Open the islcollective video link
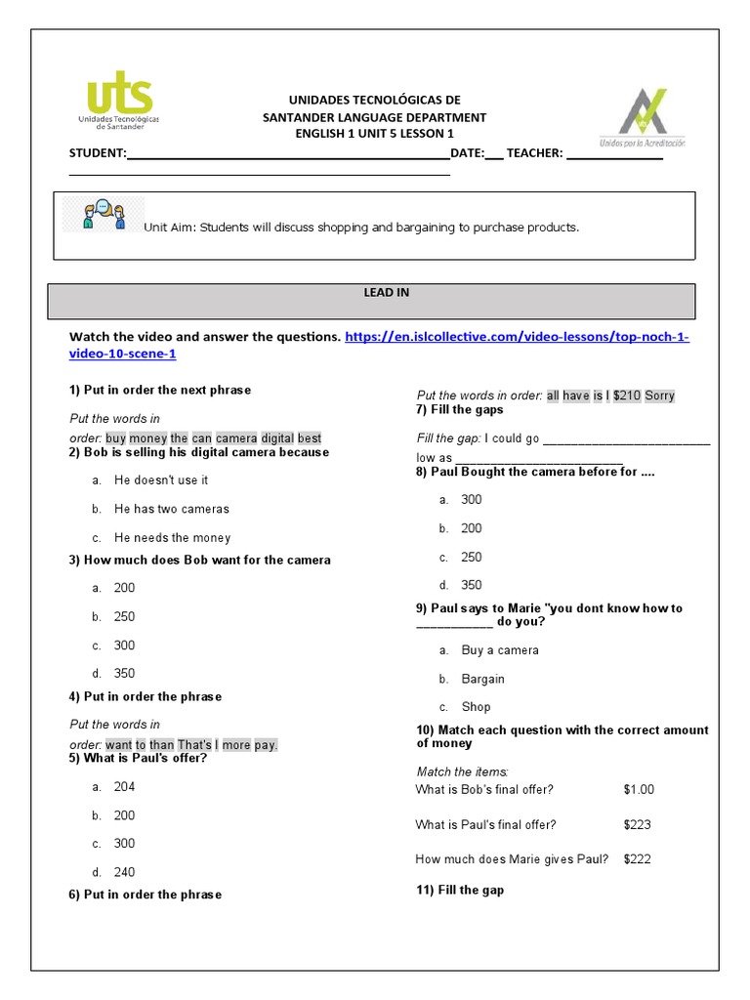click(518, 337)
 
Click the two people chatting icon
click(103, 215)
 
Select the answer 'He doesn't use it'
click(160, 480)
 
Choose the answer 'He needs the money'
click(172, 537)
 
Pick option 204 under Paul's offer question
click(124, 787)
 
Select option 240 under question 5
click(124, 872)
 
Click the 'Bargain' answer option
click(482, 679)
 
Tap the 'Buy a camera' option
click(499, 650)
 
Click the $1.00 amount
click(639, 790)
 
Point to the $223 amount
click(637, 825)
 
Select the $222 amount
click(637, 859)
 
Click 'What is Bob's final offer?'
click(483, 790)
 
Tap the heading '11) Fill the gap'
click(460, 891)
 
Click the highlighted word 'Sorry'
click(659, 396)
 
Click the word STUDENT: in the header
click(98, 154)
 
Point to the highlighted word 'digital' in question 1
click(276, 438)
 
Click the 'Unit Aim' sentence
click(361, 228)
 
